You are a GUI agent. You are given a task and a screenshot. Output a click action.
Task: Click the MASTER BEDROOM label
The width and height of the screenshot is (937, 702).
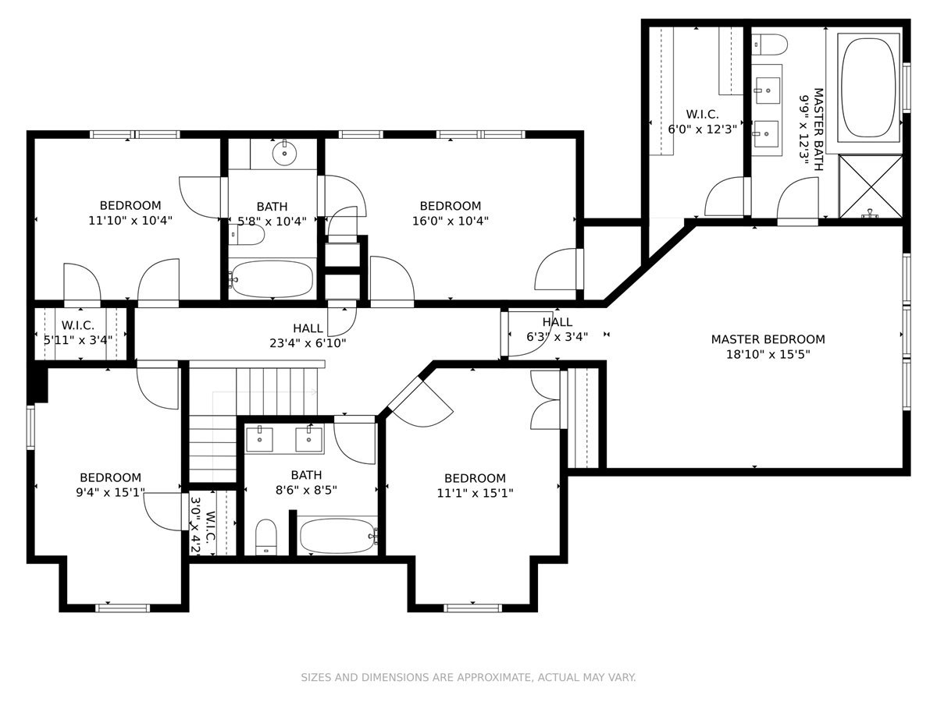coord(768,339)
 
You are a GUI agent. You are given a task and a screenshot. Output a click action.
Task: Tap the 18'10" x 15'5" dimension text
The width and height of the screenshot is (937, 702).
coord(768,355)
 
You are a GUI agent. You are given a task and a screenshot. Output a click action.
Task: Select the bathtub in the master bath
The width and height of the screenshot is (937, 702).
coord(868,88)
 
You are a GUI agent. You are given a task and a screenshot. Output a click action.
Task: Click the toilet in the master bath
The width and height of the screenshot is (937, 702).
coord(769,44)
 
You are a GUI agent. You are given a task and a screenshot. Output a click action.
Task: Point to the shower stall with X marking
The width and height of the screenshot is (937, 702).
coord(871,186)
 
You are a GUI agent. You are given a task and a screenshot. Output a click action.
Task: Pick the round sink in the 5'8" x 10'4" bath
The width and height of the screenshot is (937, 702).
coord(284,153)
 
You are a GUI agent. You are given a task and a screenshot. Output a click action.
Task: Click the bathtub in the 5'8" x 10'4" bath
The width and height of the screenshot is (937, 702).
coord(273,279)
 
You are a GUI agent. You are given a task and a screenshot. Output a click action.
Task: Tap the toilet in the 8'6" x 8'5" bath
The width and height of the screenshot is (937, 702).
coord(266,537)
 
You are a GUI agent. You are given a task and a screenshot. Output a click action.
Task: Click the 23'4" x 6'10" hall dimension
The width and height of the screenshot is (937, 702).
coord(308,343)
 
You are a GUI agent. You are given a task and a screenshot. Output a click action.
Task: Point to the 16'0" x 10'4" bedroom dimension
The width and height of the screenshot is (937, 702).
coord(451,222)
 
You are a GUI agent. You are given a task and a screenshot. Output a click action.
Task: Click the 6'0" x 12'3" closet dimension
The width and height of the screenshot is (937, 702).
coord(702,129)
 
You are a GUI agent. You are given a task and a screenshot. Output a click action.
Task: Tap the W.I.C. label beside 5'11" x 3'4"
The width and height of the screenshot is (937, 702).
coord(77,325)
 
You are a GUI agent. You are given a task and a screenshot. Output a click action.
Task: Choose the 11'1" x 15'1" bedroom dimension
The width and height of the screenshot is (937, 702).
coord(475,493)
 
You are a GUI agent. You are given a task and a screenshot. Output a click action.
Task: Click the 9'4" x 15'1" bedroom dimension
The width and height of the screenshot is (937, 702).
coord(111,492)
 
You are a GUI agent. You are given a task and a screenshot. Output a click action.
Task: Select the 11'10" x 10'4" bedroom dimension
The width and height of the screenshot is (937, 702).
coord(130,221)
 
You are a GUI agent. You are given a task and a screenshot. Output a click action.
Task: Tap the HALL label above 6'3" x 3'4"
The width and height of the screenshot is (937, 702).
coord(557,322)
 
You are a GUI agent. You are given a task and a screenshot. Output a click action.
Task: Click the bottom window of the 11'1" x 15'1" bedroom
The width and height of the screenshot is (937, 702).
coord(472,608)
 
